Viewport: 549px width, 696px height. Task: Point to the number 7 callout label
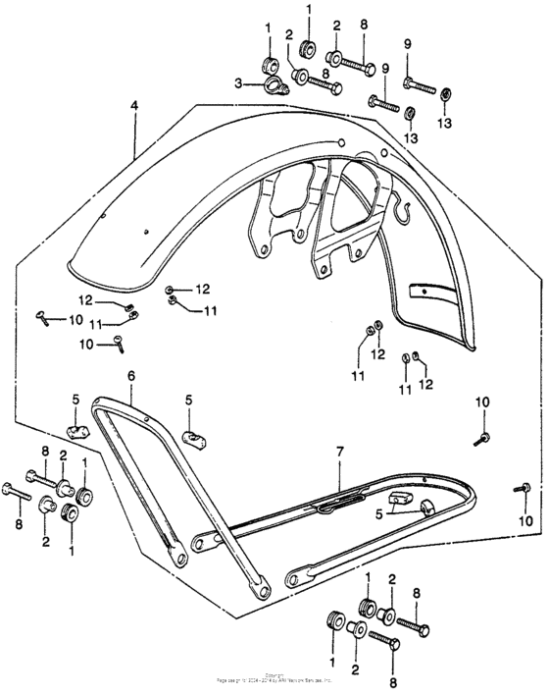point(340,454)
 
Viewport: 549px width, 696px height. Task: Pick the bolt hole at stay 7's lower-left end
point(200,542)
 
